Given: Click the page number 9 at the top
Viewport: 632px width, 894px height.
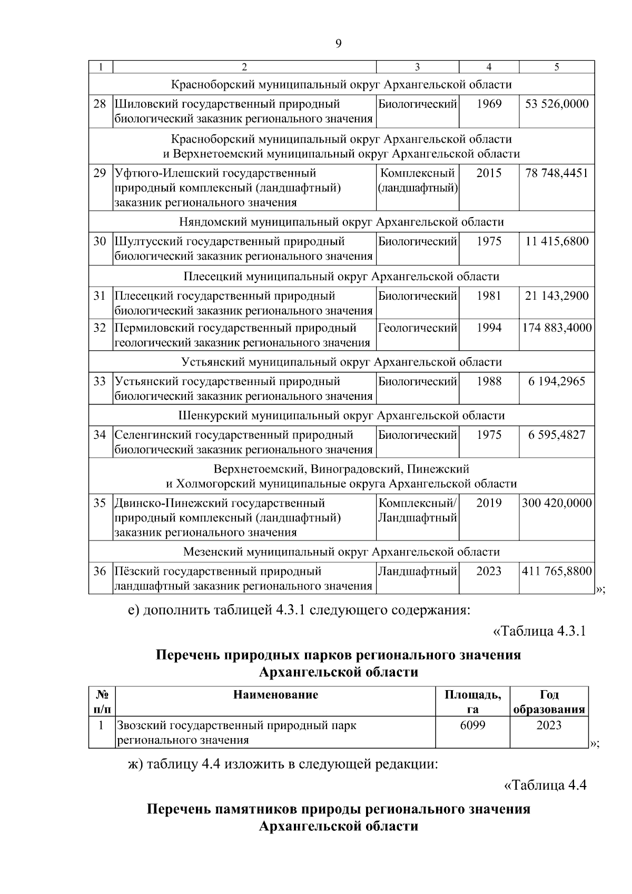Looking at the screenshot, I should (338, 44).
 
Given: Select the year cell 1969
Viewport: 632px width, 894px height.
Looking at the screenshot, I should (489, 104).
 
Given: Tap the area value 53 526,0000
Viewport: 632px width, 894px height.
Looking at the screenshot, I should (557, 104).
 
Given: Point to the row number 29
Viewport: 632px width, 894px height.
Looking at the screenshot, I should (100, 173).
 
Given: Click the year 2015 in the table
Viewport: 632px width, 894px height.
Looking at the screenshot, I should (489, 173).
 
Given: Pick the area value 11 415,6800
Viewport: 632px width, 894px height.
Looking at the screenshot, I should (557, 242).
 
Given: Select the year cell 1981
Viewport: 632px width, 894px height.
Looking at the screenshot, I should (489, 296).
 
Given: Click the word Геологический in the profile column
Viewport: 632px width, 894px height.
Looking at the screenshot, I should (417, 328).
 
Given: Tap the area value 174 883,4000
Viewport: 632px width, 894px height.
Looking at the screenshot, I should (557, 328).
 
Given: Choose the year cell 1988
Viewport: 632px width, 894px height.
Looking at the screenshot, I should (489, 381).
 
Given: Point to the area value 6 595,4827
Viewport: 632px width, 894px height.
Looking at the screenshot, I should (557, 435).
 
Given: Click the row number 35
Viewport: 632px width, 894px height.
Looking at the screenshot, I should (100, 503).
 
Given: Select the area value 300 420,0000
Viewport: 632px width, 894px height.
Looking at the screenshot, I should (557, 503).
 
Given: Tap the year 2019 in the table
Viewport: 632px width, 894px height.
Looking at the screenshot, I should (489, 503).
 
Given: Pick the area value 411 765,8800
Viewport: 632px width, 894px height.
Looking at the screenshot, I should (557, 572).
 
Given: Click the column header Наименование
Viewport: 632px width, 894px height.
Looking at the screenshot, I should (275, 695).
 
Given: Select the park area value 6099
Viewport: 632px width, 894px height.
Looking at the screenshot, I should (472, 725).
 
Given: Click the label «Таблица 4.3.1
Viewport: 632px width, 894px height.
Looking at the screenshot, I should (539, 632).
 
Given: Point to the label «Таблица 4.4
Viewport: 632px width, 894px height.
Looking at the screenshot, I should (545, 785).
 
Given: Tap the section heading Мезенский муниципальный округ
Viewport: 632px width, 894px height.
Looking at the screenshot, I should (341, 552).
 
